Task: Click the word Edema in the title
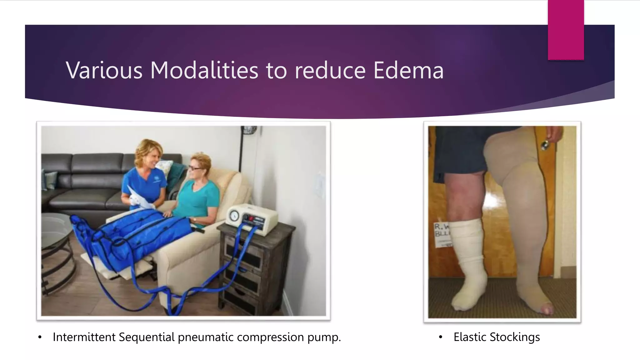point(408,70)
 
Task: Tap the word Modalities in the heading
point(204,70)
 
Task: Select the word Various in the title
point(104,70)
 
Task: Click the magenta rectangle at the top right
point(566,30)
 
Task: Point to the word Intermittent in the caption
point(84,337)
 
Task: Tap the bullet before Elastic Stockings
point(441,337)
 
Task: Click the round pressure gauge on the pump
point(234,216)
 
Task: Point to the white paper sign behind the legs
point(441,234)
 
